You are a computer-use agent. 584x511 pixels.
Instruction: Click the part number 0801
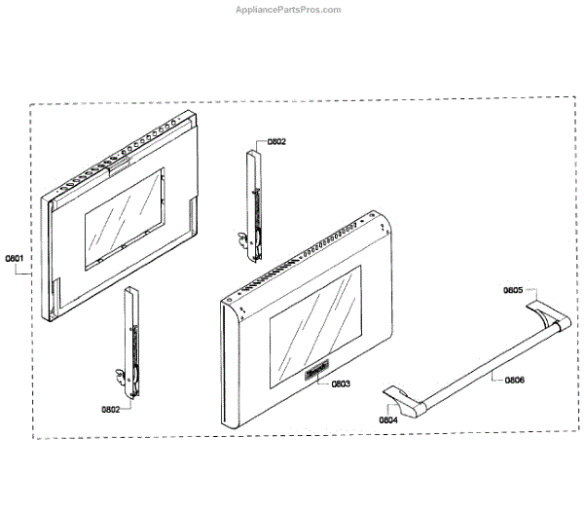click(15, 258)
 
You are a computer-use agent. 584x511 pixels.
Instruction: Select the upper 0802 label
click(275, 141)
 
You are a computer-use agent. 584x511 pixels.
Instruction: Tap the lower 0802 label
click(108, 410)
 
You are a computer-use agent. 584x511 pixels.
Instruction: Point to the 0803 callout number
click(340, 384)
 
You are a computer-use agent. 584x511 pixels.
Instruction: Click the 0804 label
click(387, 420)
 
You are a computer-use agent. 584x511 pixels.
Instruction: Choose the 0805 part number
click(513, 290)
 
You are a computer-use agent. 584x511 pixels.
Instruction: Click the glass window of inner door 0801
click(124, 216)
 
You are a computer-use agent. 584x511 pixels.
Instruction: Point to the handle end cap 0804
click(402, 398)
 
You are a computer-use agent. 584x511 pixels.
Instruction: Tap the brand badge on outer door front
click(318, 369)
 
